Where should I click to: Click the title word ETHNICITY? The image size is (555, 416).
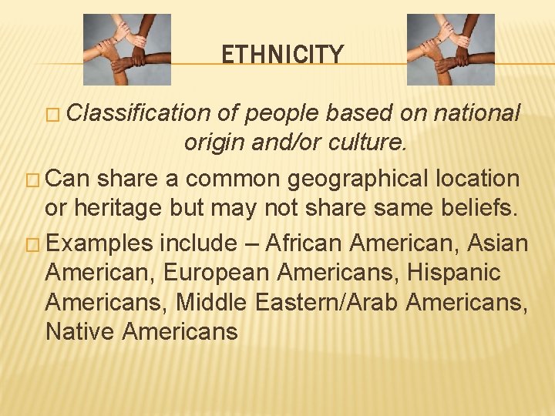pos(282,55)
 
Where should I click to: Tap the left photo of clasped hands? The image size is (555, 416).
pos(126,49)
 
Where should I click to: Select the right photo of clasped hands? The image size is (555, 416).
pos(450,49)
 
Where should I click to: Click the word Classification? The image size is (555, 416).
pos(139,113)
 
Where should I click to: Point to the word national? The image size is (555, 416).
pos(478,113)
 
